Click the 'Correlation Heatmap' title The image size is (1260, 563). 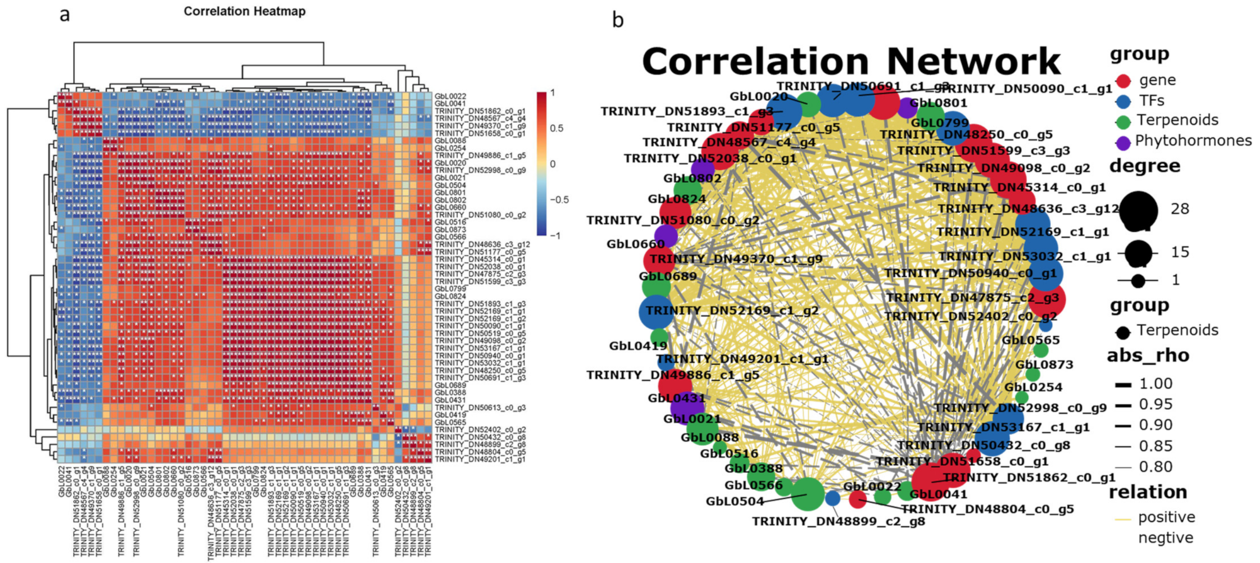[244, 11]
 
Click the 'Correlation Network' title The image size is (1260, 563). [851, 62]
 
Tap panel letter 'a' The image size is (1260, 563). [64, 15]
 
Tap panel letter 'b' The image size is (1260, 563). [618, 20]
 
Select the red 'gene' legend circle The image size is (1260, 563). [1123, 81]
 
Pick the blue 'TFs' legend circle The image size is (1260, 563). [1123, 101]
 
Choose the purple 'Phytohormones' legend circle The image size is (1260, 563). [1123, 141]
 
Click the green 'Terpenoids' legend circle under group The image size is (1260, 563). [1123, 121]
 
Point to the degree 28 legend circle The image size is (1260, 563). [1138, 209]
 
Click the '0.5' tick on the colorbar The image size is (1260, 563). [556, 129]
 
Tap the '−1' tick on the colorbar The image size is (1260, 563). [554, 236]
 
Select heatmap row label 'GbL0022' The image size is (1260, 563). [450, 96]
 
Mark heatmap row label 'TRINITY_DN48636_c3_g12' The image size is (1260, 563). [482, 244]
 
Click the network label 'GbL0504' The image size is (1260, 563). [735, 502]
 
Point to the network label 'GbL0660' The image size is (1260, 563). [635, 244]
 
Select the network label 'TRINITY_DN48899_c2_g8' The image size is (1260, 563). [839, 521]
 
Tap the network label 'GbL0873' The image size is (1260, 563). [1044, 364]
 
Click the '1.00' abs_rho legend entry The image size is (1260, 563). [1155, 384]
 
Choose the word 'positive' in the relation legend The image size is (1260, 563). [1166, 518]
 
